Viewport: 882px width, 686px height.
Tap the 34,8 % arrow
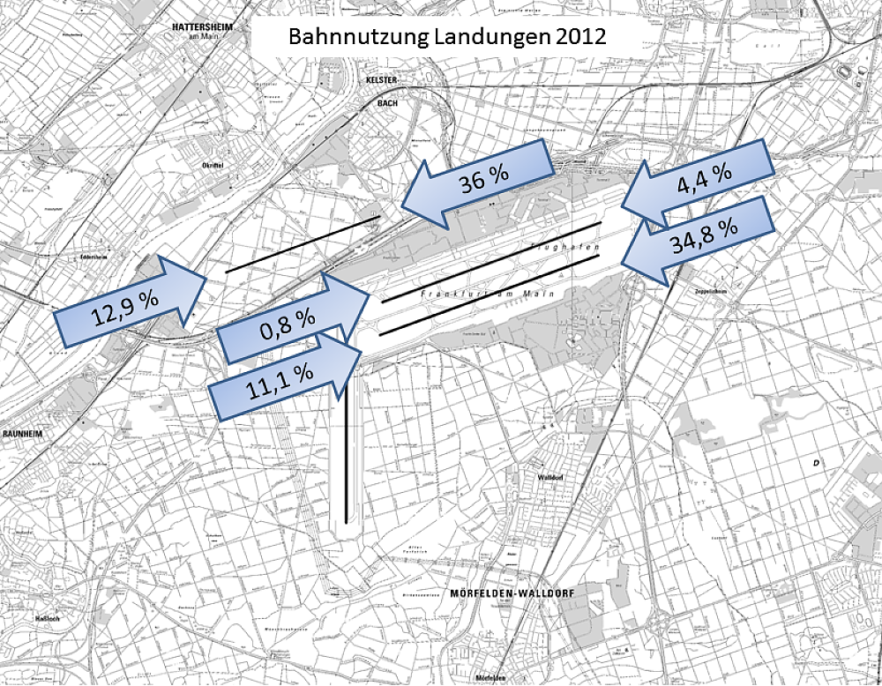tap(697, 236)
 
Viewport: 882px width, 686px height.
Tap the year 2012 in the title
tap(578, 40)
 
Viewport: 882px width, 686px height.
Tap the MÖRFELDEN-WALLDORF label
tap(512, 594)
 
